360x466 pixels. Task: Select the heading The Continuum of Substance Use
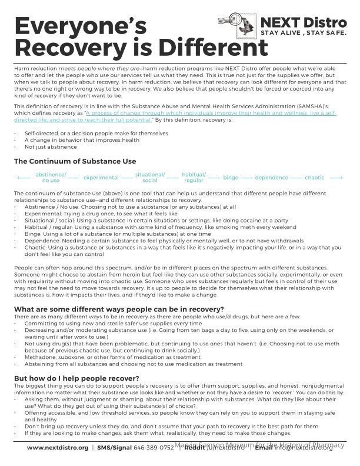coord(75,161)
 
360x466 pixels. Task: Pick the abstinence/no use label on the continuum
coord(51,177)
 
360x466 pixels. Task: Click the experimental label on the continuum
coord(101,177)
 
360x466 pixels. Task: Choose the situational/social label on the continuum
coord(150,177)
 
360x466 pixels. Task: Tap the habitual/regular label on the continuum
coord(194,177)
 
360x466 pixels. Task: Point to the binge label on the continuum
coord(231,177)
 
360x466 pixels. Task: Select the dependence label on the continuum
coord(271,177)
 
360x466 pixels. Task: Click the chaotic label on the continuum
coord(315,177)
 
